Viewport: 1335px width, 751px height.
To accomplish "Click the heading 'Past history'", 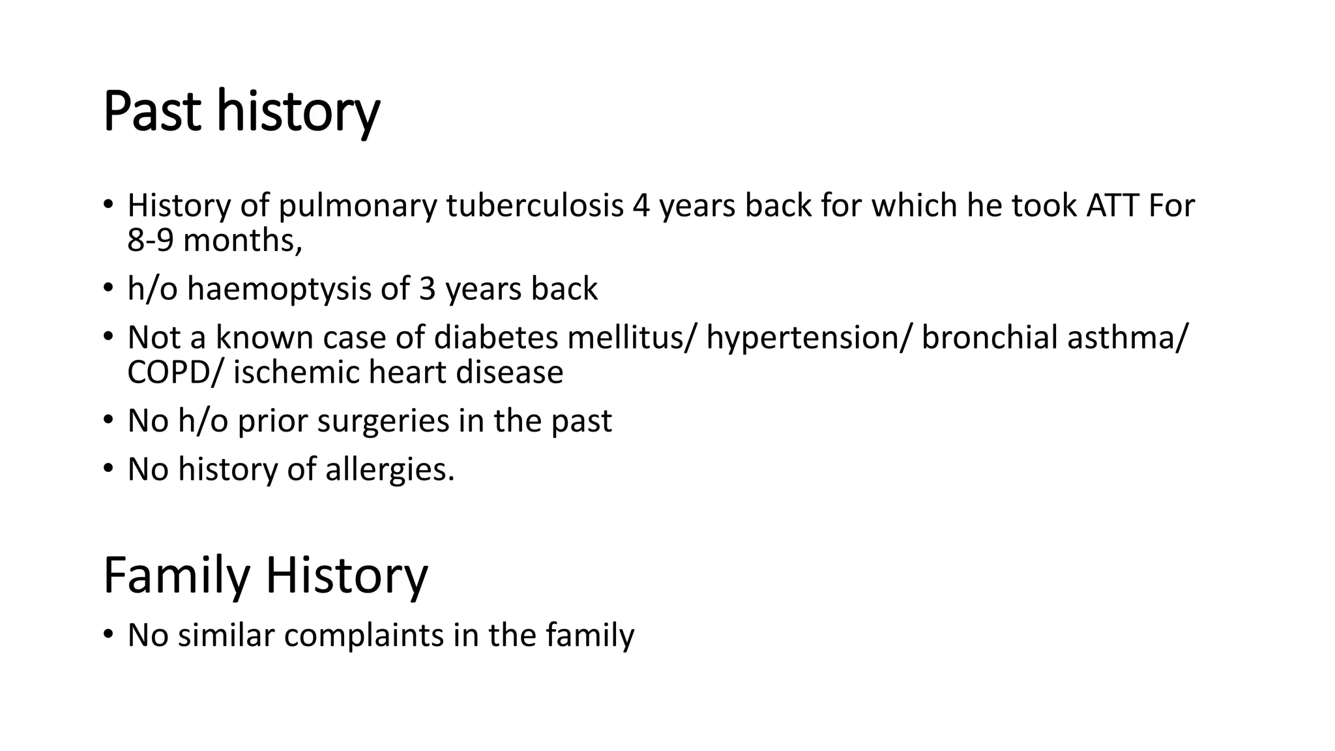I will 241,112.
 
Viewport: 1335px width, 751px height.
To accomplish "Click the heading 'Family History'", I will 265,575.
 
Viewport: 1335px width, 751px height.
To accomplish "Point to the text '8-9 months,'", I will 214,241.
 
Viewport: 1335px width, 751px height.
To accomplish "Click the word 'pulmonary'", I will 357,206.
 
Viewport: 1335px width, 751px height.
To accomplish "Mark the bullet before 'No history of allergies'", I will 108,468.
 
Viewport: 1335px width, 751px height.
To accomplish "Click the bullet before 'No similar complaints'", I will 108,634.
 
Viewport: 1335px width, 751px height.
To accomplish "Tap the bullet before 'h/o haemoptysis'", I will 108,288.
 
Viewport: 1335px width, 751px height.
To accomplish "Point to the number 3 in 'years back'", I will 427,289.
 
